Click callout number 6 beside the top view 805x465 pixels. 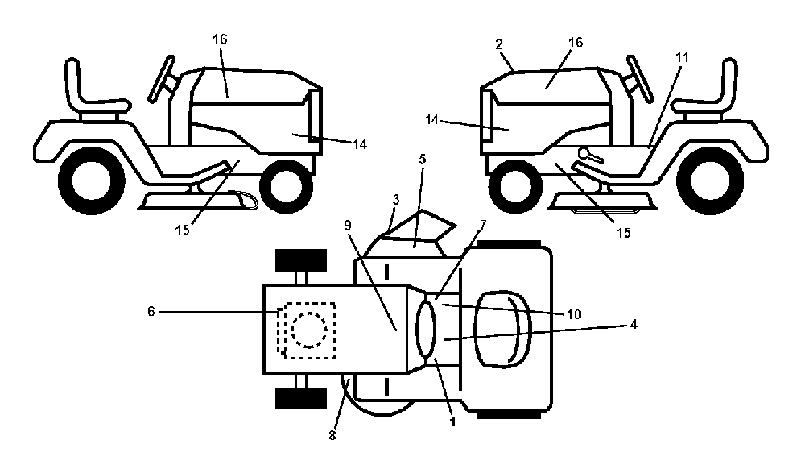click(x=151, y=311)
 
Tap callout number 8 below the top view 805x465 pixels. click(x=332, y=435)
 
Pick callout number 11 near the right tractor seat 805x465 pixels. click(x=681, y=57)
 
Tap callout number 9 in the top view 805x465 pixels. click(x=348, y=226)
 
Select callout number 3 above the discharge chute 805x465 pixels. click(x=395, y=200)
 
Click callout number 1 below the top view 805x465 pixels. click(x=452, y=422)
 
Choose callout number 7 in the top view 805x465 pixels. click(x=482, y=225)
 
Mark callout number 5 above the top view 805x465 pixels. click(x=422, y=160)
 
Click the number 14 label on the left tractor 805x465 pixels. click(x=360, y=144)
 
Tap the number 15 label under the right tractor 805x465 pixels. click(x=623, y=233)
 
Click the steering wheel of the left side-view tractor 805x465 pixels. click(x=163, y=79)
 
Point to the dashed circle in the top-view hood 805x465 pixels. click(x=308, y=330)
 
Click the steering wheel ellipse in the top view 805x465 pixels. click(x=426, y=330)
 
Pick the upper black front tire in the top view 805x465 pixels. click(x=301, y=260)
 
